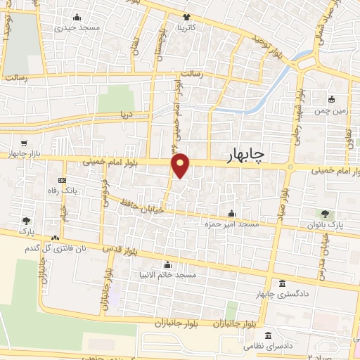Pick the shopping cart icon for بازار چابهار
25,143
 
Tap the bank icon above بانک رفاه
62,180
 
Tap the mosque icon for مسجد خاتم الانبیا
167,264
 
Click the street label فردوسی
104,188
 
